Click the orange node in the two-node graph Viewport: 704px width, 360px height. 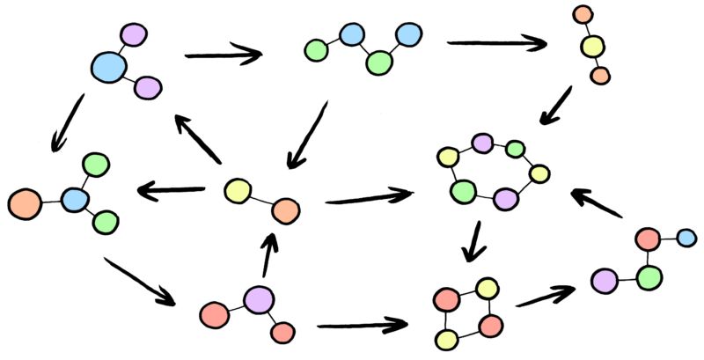(x=286, y=211)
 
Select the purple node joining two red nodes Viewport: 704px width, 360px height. (x=259, y=299)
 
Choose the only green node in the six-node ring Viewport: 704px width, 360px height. (x=463, y=190)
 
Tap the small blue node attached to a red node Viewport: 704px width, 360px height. (x=686, y=237)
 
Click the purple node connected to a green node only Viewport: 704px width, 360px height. (x=603, y=281)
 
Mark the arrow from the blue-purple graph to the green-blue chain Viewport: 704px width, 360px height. (x=224, y=55)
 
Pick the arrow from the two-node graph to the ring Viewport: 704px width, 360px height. (x=370, y=196)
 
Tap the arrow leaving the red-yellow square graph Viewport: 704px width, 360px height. (x=546, y=296)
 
